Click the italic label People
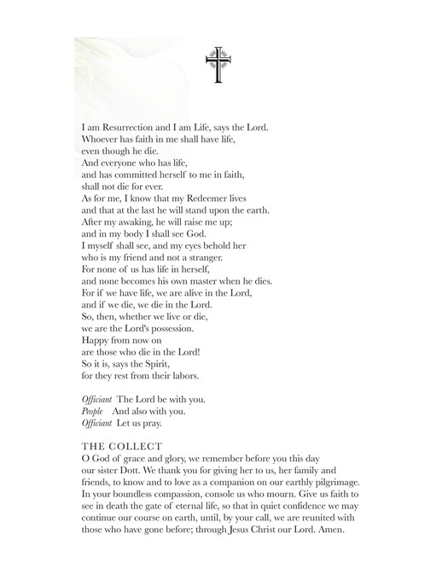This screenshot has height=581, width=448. pos(92,411)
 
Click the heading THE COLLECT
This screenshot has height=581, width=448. pos(115,447)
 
